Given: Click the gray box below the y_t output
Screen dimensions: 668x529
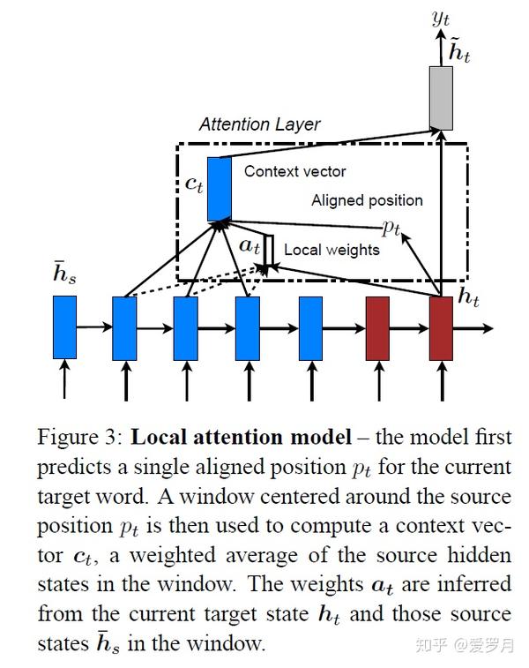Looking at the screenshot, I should point(442,98).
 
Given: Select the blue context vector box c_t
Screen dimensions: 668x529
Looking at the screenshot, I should point(219,188).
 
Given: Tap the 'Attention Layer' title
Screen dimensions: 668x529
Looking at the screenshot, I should point(259,124).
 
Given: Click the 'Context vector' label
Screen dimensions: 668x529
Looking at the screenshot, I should point(294,171).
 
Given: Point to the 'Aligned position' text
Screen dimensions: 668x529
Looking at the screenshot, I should point(367,200).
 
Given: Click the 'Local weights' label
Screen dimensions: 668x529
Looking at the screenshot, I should point(332,250).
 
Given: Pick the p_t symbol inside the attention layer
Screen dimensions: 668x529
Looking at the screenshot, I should point(391,228).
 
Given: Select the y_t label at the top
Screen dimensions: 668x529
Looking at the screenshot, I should point(441,17).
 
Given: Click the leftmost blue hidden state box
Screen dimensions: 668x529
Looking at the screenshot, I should point(64,327).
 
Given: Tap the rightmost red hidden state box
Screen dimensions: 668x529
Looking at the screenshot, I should point(441,327).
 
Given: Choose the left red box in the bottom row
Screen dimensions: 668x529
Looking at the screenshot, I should point(377,327).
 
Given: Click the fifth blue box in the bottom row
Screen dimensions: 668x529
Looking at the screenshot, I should point(310,327).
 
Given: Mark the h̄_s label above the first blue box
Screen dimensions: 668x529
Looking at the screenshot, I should point(64,274).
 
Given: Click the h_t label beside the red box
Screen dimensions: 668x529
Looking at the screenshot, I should point(467,297).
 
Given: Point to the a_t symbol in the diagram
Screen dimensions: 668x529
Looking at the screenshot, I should point(250,246).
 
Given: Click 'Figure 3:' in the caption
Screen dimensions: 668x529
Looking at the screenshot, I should point(79,438).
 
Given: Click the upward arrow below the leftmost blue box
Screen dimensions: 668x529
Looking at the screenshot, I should point(64,381).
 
